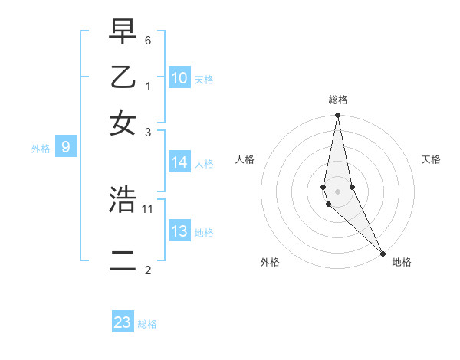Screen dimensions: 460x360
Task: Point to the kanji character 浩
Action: point(123,200)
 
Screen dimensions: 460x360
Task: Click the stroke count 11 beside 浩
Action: point(149,208)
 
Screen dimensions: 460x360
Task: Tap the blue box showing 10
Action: point(179,78)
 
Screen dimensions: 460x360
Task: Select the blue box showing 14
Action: point(179,162)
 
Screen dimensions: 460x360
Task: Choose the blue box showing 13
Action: point(179,231)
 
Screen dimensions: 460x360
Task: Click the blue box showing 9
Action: point(66,148)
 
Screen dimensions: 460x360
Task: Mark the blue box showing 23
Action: point(123,322)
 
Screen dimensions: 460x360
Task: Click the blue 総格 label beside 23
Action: point(147,324)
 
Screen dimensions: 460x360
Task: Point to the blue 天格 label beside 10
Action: point(204,80)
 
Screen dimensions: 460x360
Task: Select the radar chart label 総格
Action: point(338,100)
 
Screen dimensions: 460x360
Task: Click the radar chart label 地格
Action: point(402,262)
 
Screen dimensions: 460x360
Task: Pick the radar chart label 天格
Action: point(432,159)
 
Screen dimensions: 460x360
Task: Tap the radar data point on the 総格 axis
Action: point(337,116)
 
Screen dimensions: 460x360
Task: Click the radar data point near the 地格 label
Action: point(383,254)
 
